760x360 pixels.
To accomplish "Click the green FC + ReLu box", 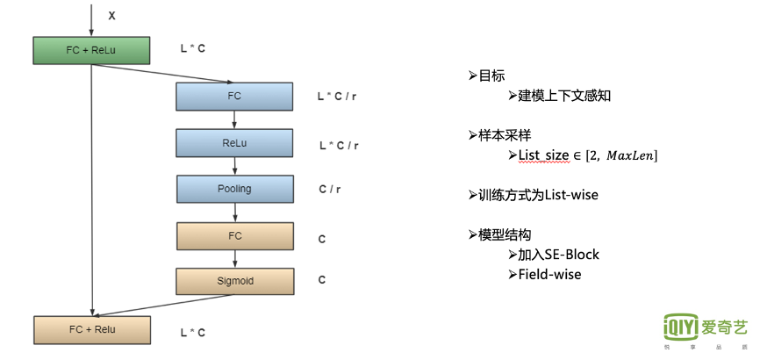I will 91,50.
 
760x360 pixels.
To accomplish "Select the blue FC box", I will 233,95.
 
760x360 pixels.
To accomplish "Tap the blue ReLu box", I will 233,142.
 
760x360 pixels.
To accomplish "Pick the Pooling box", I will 233,189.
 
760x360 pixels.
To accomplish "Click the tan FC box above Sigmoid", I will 233,235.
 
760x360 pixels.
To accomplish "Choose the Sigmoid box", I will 233,281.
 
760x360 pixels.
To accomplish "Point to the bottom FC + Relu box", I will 91,329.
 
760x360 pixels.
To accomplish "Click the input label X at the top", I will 111,16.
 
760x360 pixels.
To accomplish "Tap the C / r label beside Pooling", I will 331,189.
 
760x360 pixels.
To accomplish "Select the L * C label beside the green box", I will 193,49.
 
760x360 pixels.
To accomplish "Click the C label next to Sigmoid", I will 322,281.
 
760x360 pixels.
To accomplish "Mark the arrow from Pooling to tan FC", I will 234,212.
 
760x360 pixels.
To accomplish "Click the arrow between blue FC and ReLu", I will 234,119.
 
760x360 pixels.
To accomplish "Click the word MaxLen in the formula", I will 627,155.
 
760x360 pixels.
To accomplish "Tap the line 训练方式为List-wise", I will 538,195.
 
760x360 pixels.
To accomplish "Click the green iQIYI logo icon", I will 682,328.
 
